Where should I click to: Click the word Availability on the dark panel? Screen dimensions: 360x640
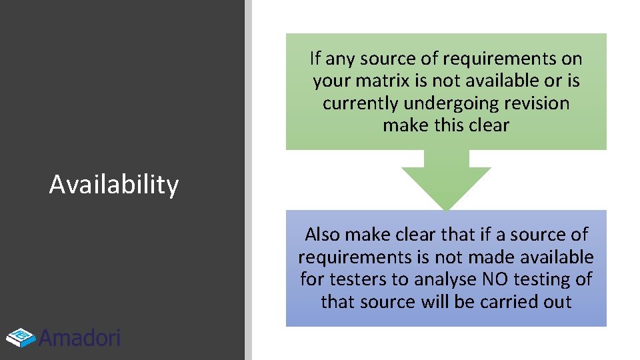pyautogui.click(x=114, y=185)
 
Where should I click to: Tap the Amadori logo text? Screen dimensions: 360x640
pyautogui.click(x=80, y=338)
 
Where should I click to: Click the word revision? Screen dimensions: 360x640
pyautogui.click(x=537, y=103)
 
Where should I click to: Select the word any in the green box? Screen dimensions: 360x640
pyautogui.click(x=340, y=59)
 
